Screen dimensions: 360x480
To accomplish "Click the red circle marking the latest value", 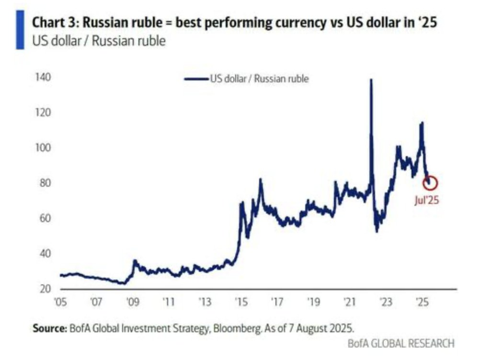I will click(430, 182).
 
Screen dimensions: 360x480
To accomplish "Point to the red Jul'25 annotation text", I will click(426, 201).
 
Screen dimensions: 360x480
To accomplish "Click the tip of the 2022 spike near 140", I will click(371, 79).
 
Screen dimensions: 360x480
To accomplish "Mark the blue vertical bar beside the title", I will click(20, 30).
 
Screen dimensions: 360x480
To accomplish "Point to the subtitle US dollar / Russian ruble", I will click(99, 41).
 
